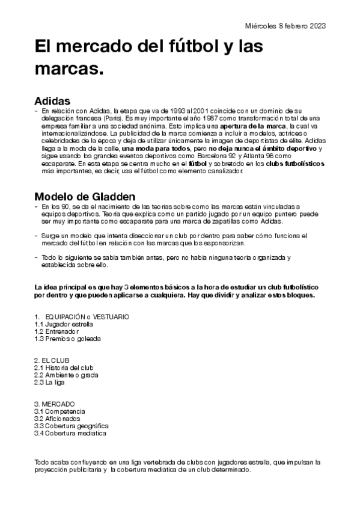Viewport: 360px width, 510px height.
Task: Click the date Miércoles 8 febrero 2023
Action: coord(285,26)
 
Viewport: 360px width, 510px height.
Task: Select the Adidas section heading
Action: coord(53,100)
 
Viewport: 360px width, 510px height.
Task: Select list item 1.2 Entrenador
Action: coord(57,331)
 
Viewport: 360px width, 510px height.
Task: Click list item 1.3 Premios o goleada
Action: coord(67,339)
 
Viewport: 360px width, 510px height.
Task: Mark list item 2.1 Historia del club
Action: coord(64,367)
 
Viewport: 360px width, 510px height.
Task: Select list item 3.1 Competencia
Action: coord(59,411)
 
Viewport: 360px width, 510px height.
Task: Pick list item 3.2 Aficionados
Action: coord(58,419)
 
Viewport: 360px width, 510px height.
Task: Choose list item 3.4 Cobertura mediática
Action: coord(70,433)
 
